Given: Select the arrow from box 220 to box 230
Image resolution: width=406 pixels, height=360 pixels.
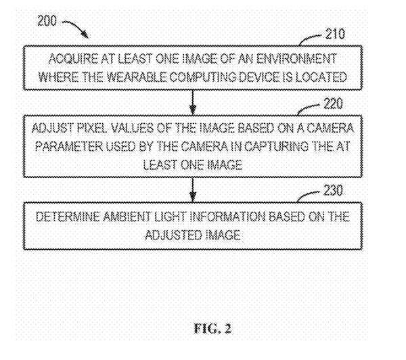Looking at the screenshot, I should pos(194,187).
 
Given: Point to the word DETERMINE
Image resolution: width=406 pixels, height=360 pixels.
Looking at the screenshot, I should pos(72,217).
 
